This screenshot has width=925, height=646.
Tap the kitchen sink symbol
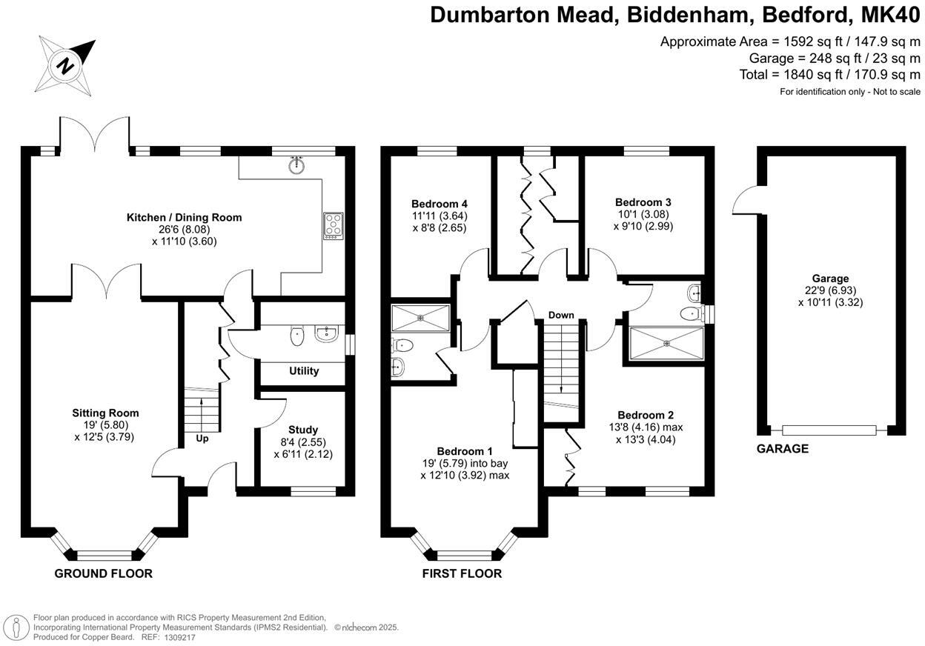click(x=299, y=164)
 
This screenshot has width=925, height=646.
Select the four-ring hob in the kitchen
click(x=334, y=225)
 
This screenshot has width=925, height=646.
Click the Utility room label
click(x=304, y=370)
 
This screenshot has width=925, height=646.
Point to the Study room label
click(x=303, y=430)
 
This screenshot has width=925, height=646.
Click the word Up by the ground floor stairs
click(x=202, y=438)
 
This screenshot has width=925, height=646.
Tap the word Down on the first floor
click(x=561, y=315)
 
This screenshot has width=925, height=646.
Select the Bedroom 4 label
click(x=440, y=204)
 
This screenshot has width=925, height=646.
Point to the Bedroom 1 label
click(x=465, y=451)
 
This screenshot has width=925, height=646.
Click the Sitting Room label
click(x=105, y=413)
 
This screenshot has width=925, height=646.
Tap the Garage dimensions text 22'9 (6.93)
click(x=830, y=290)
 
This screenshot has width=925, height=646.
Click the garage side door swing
click(x=743, y=199)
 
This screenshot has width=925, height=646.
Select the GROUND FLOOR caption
click(x=104, y=573)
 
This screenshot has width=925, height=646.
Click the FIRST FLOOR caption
click(x=462, y=573)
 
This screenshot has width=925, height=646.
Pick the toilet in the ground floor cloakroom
click(x=297, y=335)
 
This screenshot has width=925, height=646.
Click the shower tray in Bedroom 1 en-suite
click(x=420, y=318)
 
